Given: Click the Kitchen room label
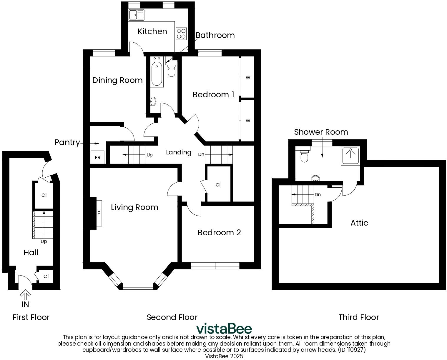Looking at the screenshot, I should [152, 31].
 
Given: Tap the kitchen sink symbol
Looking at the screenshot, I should [136, 15].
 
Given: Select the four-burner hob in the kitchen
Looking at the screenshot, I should [181, 34].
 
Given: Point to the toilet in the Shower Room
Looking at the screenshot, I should [304, 156].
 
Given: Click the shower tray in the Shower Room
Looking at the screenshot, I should [350, 155].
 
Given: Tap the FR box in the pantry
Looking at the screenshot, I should [97, 157].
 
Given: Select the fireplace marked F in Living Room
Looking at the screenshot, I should [99, 213].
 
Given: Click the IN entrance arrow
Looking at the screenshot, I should [25, 295].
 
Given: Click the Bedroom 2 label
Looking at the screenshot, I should [219, 233].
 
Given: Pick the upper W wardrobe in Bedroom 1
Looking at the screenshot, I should [248, 78].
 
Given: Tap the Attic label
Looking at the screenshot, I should [359, 223].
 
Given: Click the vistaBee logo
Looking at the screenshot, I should [224, 329].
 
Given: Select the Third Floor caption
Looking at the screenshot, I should [358, 317].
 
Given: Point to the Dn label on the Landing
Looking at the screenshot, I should [201, 154].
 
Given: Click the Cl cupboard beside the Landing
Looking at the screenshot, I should [218, 185].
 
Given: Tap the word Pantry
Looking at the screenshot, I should [67, 143].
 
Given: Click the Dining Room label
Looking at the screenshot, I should [117, 80].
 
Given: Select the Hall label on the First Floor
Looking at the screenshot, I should [31, 253].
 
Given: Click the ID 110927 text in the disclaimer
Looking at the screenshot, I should [352, 350].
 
